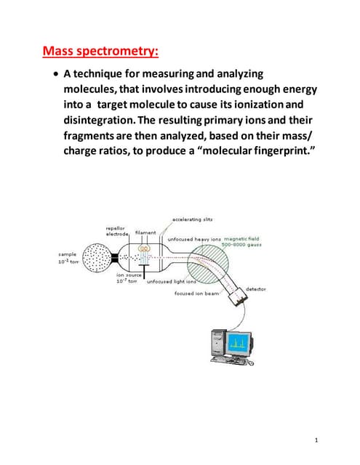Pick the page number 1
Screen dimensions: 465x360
(318, 440)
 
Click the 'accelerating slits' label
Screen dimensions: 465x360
(192, 219)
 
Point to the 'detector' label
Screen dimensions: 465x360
(257, 289)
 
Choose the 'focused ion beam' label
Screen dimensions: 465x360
(194, 294)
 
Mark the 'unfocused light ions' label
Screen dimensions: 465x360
(172, 282)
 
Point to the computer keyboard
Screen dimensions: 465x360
(231, 360)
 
